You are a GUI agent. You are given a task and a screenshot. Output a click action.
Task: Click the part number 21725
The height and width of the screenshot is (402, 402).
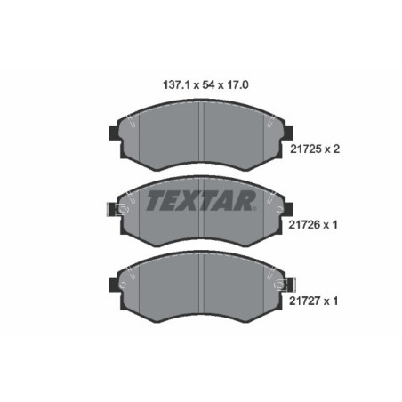306,149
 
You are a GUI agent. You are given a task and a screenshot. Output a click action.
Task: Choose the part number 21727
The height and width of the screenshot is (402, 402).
306,301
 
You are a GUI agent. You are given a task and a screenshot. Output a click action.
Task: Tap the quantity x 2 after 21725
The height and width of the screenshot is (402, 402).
332,149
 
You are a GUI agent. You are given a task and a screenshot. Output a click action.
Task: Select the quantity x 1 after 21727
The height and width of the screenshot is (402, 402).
332,301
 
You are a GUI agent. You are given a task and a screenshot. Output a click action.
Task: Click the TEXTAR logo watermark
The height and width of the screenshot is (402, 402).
200,200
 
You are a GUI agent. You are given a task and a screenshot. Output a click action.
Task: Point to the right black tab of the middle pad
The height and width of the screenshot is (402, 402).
290,209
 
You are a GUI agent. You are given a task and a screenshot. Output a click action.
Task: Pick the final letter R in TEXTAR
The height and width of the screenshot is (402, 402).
250,200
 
